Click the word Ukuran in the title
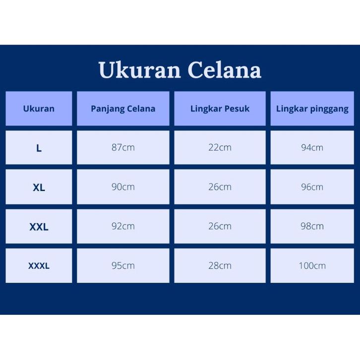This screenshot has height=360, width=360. coord(140,70)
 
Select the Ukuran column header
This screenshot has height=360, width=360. coord(39,109)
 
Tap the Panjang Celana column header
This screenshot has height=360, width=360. coord(123,109)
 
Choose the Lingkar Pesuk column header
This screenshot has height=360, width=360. coord(220,109)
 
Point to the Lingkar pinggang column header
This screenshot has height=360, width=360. coord(312,109)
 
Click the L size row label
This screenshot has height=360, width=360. coord(39,148)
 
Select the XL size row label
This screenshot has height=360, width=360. coord(39,187)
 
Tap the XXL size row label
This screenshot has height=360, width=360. coord(39,227)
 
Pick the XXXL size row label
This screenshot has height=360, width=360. coord(39,266)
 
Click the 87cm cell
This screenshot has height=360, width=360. coord(123,148)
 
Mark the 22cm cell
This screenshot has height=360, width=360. coord(220,148)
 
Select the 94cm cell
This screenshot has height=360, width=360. coord(312,148)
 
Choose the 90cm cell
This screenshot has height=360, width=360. coord(123,187)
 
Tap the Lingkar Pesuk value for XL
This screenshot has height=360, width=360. coord(220,187)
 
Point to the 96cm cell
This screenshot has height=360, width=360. coord(312,187)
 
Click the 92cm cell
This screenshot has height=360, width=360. coord(123,227)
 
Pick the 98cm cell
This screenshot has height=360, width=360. coord(312,227)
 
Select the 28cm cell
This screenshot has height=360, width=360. coord(220,266)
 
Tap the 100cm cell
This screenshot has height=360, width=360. coord(312,266)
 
